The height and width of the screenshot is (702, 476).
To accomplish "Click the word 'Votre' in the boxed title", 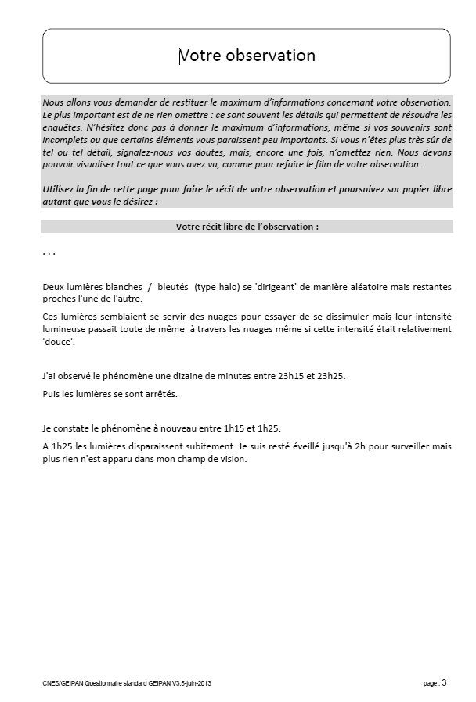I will tap(200, 56).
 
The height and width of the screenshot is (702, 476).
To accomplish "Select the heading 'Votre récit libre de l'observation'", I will tap(247, 227).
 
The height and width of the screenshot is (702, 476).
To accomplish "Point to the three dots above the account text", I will tap(49, 254).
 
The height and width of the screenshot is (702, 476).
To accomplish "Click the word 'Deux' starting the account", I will tap(54, 287).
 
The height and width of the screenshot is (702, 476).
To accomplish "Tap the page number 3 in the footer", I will tap(445, 682).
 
